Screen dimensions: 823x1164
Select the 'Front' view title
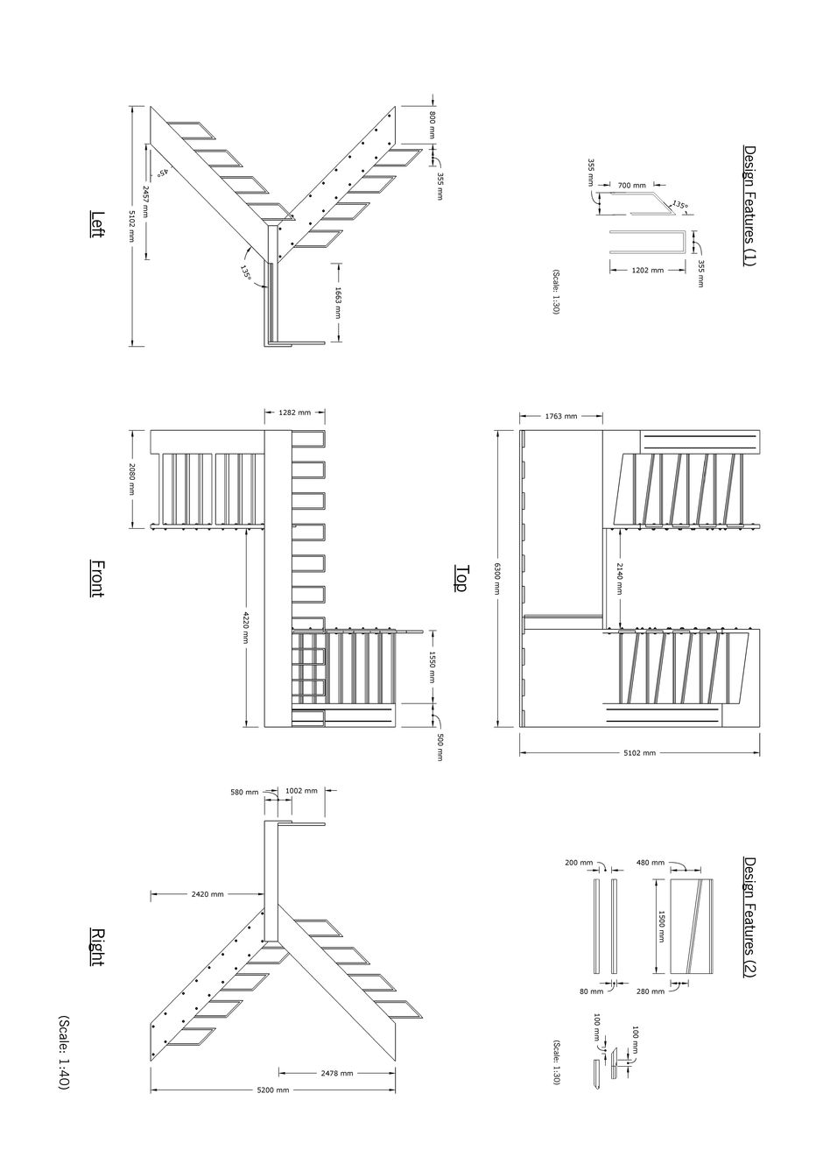98,579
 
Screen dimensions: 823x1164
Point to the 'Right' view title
98,947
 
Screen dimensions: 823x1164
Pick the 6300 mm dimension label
496,579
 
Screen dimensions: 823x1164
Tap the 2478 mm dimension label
336,1073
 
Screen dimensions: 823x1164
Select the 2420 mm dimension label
207,894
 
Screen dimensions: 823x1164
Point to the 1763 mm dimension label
560,416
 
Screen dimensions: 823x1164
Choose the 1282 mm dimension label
294,412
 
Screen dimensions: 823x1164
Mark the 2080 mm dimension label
132,479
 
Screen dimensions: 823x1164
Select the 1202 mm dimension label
646,271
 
